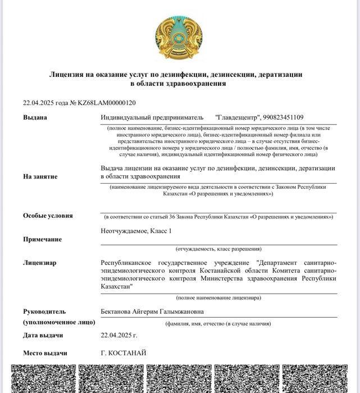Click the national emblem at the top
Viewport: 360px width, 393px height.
click(179, 37)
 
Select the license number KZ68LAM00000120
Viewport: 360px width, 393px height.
click(106, 103)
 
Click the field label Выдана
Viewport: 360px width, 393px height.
click(35, 117)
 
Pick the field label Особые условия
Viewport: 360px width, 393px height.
click(48, 216)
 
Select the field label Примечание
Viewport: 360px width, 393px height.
click(42, 239)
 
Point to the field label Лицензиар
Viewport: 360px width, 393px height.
click(39, 263)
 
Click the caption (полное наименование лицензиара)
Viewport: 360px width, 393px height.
click(218, 297)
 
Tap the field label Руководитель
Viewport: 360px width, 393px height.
click(44, 312)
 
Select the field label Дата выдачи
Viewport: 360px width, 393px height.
click(43, 335)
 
